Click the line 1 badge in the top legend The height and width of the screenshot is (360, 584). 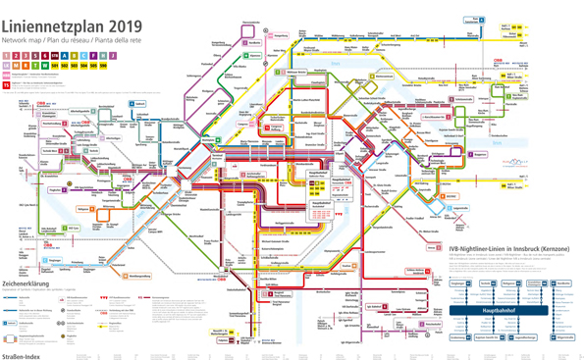coord(7,56)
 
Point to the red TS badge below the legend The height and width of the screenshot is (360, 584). coord(6,85)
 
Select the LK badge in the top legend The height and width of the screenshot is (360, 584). coord(7,67)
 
